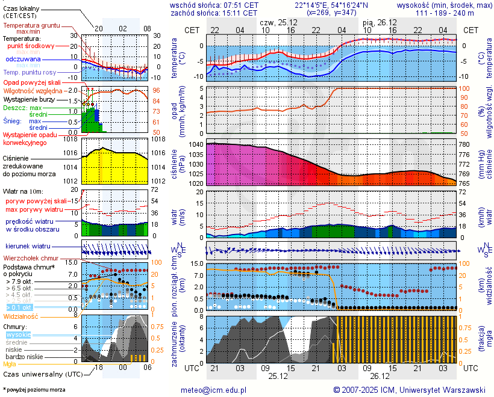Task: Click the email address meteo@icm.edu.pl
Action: point(213,390)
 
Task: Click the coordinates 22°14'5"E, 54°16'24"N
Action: point(331,5)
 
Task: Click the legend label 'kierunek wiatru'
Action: point(28,247)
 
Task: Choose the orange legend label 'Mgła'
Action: point(10,364)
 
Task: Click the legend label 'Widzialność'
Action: point(21,316)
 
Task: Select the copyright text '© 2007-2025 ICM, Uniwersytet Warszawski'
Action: point(409,390)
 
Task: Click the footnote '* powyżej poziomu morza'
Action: point(34,390)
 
